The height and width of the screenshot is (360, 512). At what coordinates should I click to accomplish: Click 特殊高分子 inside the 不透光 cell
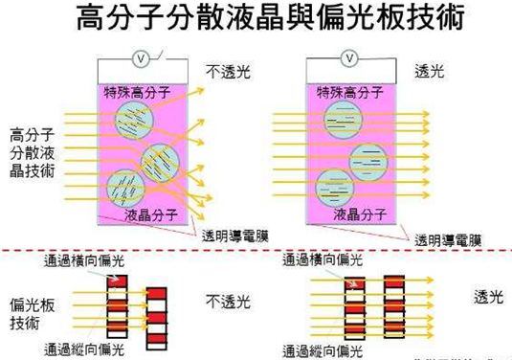(x=139, y=93)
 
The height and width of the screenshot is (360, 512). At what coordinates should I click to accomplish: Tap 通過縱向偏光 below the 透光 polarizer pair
(x=325, y=350)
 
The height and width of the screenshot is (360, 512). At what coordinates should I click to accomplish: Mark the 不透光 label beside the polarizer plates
(x=229, y=303)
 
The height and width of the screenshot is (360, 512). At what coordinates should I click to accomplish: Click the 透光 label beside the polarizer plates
(x=489, y=297)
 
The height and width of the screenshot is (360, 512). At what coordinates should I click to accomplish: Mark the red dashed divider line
(x=256, y=251)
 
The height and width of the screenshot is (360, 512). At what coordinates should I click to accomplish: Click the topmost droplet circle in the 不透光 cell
(x=133, y=121)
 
